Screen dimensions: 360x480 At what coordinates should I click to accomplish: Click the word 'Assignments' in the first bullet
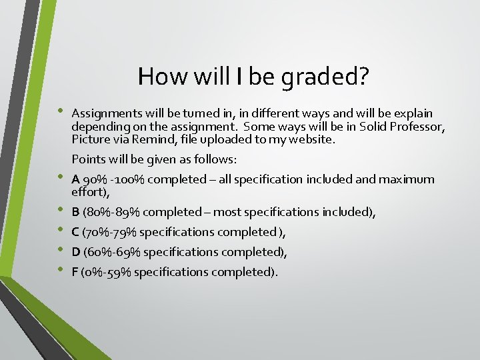pyautogui.click(x=103, y=113)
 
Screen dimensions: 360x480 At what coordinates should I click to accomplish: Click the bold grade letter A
pyautogui.click(x=76, y=179)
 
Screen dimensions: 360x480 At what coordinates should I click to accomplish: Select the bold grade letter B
pyautogui.click(x=75, y=212)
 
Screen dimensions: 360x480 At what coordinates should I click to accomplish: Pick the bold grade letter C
pyautogui.click(x=76, y=232)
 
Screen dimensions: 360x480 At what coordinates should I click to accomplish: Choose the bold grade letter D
pyautogui.click(x=76, y=252)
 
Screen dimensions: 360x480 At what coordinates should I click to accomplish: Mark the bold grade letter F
pyautogui.click(x=75, y=272)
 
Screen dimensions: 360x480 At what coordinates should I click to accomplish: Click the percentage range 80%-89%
pyautogui.click(x=111, y=212)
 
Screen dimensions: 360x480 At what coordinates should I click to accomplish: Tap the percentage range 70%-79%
pyautogui.click(x=111, y=232)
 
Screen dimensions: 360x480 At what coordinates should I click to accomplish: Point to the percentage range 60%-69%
pyautogui.click(x=112, y=252)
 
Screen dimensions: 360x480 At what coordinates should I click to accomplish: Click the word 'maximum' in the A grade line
pyautogui.click(x=408, y=179)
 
